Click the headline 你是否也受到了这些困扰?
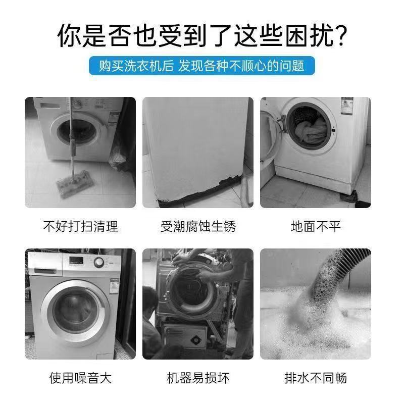[202, 36]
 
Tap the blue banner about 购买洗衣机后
[202, 66]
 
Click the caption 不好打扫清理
[80, 226]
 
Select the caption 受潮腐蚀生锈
[198, 226]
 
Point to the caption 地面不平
[316, 226]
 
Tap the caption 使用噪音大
[80, 377]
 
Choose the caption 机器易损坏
[198, 377]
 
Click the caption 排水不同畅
[316, 377]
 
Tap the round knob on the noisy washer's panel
[99, 263]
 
